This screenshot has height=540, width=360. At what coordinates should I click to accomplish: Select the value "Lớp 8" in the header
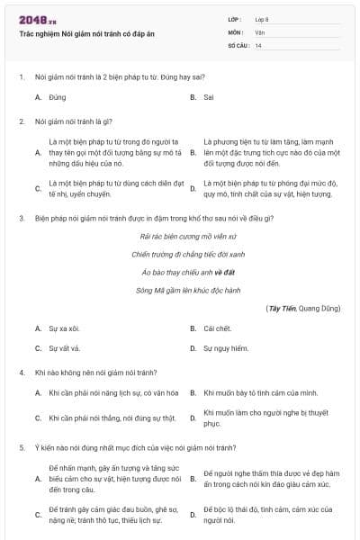click(x=262, y=19)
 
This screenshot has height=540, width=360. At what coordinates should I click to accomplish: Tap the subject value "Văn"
click(x=258, y=31)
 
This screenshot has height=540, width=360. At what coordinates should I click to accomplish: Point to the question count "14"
click(x=258, y=45)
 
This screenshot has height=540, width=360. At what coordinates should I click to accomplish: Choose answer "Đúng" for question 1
click(x=58, y=96)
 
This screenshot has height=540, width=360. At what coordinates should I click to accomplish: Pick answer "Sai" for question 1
click(x=208, y=96)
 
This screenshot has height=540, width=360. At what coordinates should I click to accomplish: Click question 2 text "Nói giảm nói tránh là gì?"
click(x=72, y=120)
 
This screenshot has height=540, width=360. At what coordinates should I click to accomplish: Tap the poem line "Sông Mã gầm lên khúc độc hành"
click(x=183, y=290)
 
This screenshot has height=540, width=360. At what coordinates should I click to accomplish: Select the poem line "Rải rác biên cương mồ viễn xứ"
click(x=183, y=236)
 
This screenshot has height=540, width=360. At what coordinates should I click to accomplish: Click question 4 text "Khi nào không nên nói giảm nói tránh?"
click(x=95, y=372)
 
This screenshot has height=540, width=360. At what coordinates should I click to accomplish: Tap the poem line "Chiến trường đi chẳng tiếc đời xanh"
click(x=183, y=254)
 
